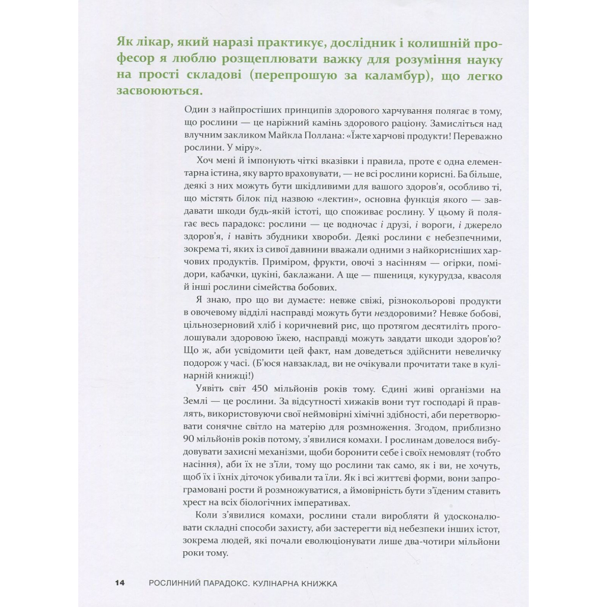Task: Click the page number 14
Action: point(119,583)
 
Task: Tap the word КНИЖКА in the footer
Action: point(321,583)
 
